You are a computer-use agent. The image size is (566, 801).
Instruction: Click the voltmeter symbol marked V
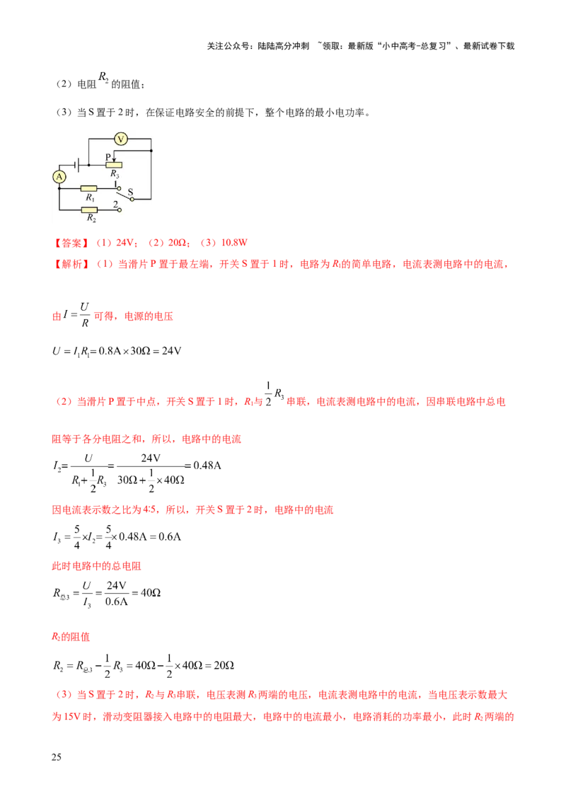[x=121, y=139]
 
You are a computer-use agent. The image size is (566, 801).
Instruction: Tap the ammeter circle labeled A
[x=59, y=176]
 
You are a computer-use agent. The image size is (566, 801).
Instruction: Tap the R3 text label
[x=115, y=174]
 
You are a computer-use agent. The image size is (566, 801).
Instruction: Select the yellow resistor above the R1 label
[x=89, y=189]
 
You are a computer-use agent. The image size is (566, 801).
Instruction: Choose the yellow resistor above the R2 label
[x=91, y=210]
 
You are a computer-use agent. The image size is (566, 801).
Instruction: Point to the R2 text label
[x=91, y=219]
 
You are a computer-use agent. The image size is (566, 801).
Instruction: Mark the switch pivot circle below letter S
[x=132, y=200]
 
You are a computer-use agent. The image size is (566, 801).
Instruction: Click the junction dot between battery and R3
[x=88, y=165]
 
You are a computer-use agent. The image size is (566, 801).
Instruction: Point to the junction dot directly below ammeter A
[x=59, y=189]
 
